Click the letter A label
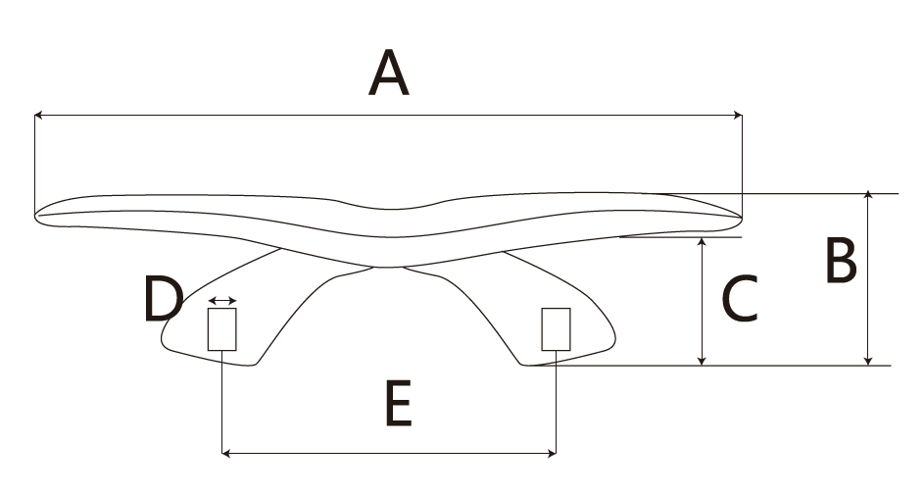(x=388, y=75)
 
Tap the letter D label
(x=162, y=300)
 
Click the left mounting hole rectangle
(x=222, y=329)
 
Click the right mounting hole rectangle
(x=557, y=329)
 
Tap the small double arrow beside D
(x=222, y=300)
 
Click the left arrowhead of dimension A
(x=38, y=116)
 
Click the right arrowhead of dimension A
(x=738, y=116)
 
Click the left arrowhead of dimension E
(x=227, y=453)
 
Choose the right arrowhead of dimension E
(x=553, y=453)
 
